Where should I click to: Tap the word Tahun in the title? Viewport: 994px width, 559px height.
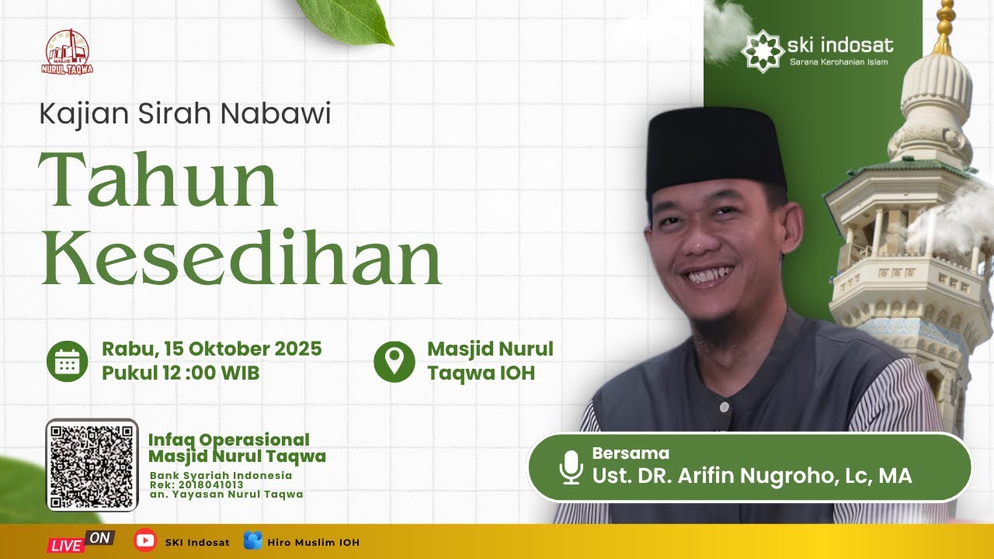(158, 180)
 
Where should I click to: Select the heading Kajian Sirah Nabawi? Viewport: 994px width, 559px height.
(185, 114)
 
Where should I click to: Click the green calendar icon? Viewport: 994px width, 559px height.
(67, 361)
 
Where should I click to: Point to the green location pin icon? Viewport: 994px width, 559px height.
(394, 361)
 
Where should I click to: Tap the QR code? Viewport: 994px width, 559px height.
(92, 465)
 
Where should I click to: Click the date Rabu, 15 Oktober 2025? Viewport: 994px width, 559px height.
(211, 349)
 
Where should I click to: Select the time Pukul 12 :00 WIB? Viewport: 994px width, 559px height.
(180, 373)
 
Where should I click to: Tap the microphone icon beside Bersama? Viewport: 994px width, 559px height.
(572, 467)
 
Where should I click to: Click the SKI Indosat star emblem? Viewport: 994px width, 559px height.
(761, 50)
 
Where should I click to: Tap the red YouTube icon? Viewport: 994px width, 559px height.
(144, 540)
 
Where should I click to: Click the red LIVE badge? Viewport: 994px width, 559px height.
(67, 544)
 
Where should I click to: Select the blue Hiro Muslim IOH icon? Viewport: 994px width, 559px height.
(252, 541)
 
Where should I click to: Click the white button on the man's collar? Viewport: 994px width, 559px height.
(724, 407)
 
